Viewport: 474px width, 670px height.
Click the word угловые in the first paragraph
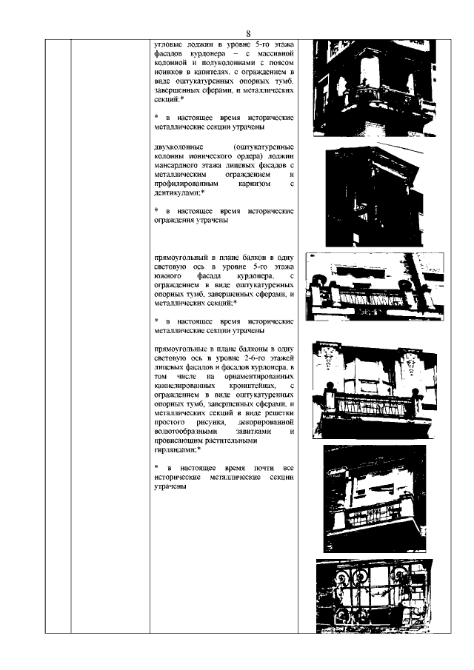click(169, 45)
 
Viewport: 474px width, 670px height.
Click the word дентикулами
click(176, 192)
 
